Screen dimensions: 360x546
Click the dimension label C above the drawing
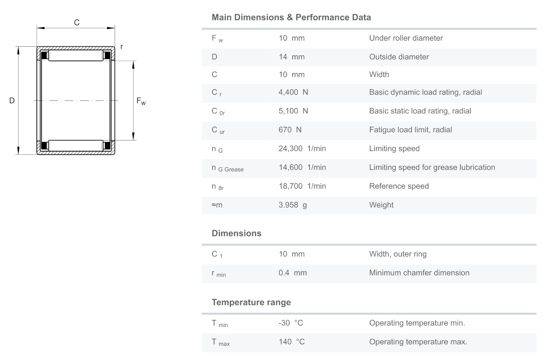pyautogui.click(x=77, y=22)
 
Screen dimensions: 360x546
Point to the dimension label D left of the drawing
pyautogui.click(x=12, y=101)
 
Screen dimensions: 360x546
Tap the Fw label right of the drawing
pyautogui.click(x=141, y=101)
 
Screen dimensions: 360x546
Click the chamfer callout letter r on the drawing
pyautogui.click(x=122, y=47)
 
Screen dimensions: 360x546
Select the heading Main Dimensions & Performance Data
pyautogui.click(x=291, y=17)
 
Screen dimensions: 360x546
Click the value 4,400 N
pyautogui.click(x=293, y=92)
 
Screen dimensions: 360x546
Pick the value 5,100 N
pyautogui.click(x=293, y=111)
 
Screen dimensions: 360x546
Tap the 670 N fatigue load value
pyautogui.click(x=290, y=130)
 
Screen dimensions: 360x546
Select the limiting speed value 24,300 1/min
pyautogui.click(x=302, y=149)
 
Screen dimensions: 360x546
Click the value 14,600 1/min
pyautogui.click(x=302, y=167)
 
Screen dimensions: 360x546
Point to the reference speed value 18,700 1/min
pyautogui.click(x=302, y=186)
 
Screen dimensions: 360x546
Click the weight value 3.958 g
pyautogui.click(x=293, y=205)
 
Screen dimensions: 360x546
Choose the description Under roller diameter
pyautogui.click(x=406, y=38)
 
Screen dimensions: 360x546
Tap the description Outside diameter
pyautogui.click(x=399, y=57)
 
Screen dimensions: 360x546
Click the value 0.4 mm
pyautogui.click(x=292, y=273)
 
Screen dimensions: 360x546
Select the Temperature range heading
pyautogui.click(x=251, y=302)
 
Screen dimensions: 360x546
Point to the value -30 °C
pyautogui.click(x=291, y=323)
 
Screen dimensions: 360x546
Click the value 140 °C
pyautogui.click(x=291, y=342)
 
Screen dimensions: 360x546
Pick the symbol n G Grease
pyautogui.click(x=227, y=168)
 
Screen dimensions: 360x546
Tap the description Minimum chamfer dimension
pyautogui.click(x=419, y=273)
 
